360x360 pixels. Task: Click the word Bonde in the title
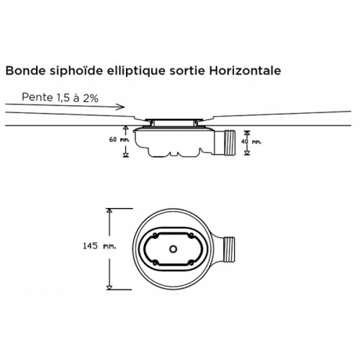click(x=25, y=71)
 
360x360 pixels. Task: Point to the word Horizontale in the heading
click(x=245, y=71)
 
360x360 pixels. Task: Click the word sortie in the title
click(x=187, y=71)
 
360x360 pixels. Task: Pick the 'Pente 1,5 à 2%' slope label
click(x=60, y=97)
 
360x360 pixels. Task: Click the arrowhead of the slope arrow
click(x=121, y=107)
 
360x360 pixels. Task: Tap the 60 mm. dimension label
click(x=120, y=140)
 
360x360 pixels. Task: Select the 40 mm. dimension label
click(x=251, y=142)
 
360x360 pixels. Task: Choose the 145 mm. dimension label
click(x=99, y=246)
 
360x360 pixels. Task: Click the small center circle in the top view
click(x=173, y=249)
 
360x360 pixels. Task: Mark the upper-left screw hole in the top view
click(x=155, y=235)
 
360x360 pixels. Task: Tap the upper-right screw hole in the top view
click(x=192, y=235)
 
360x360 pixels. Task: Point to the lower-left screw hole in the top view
click(x=155, y=263)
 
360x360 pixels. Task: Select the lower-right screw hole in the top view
click(x=192, y=263)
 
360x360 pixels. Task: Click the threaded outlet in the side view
click(x=230, y=142)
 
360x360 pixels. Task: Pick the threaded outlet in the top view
click(x=229, y=249)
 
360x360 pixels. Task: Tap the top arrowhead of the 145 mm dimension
click(x=109, y=211)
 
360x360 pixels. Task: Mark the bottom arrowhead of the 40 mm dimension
click(x=247, y=153)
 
